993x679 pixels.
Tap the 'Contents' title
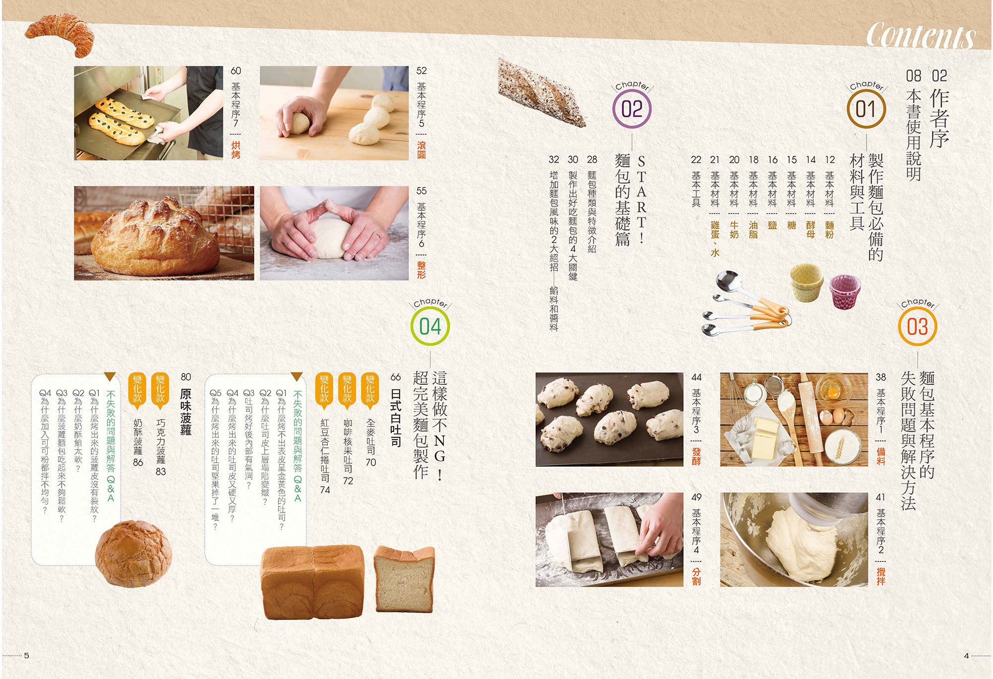click(x=921, y=35)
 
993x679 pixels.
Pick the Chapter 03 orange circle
click(x=917, y=327)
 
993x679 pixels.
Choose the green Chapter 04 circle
click(x=430, y=327)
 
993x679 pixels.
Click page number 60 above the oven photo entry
click(x=236, y=71)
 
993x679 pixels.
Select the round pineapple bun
click(x=133, y=554)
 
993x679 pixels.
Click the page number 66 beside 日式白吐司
click(x=396, y=377)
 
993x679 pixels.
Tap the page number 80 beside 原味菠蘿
click(x=186, y=377)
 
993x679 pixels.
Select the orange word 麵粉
click(x=830, y=230)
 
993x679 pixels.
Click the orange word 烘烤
click(x=236, y=150)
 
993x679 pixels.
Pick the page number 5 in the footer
click(x=27, y=656)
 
